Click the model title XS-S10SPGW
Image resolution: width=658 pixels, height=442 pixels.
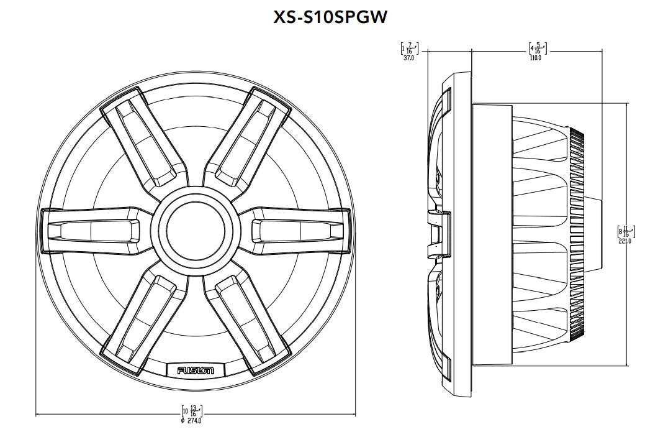click(330, 17)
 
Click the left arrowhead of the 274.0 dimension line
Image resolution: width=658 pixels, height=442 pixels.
click(39, 413)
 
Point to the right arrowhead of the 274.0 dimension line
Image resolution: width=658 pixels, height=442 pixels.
click(351, 413)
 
